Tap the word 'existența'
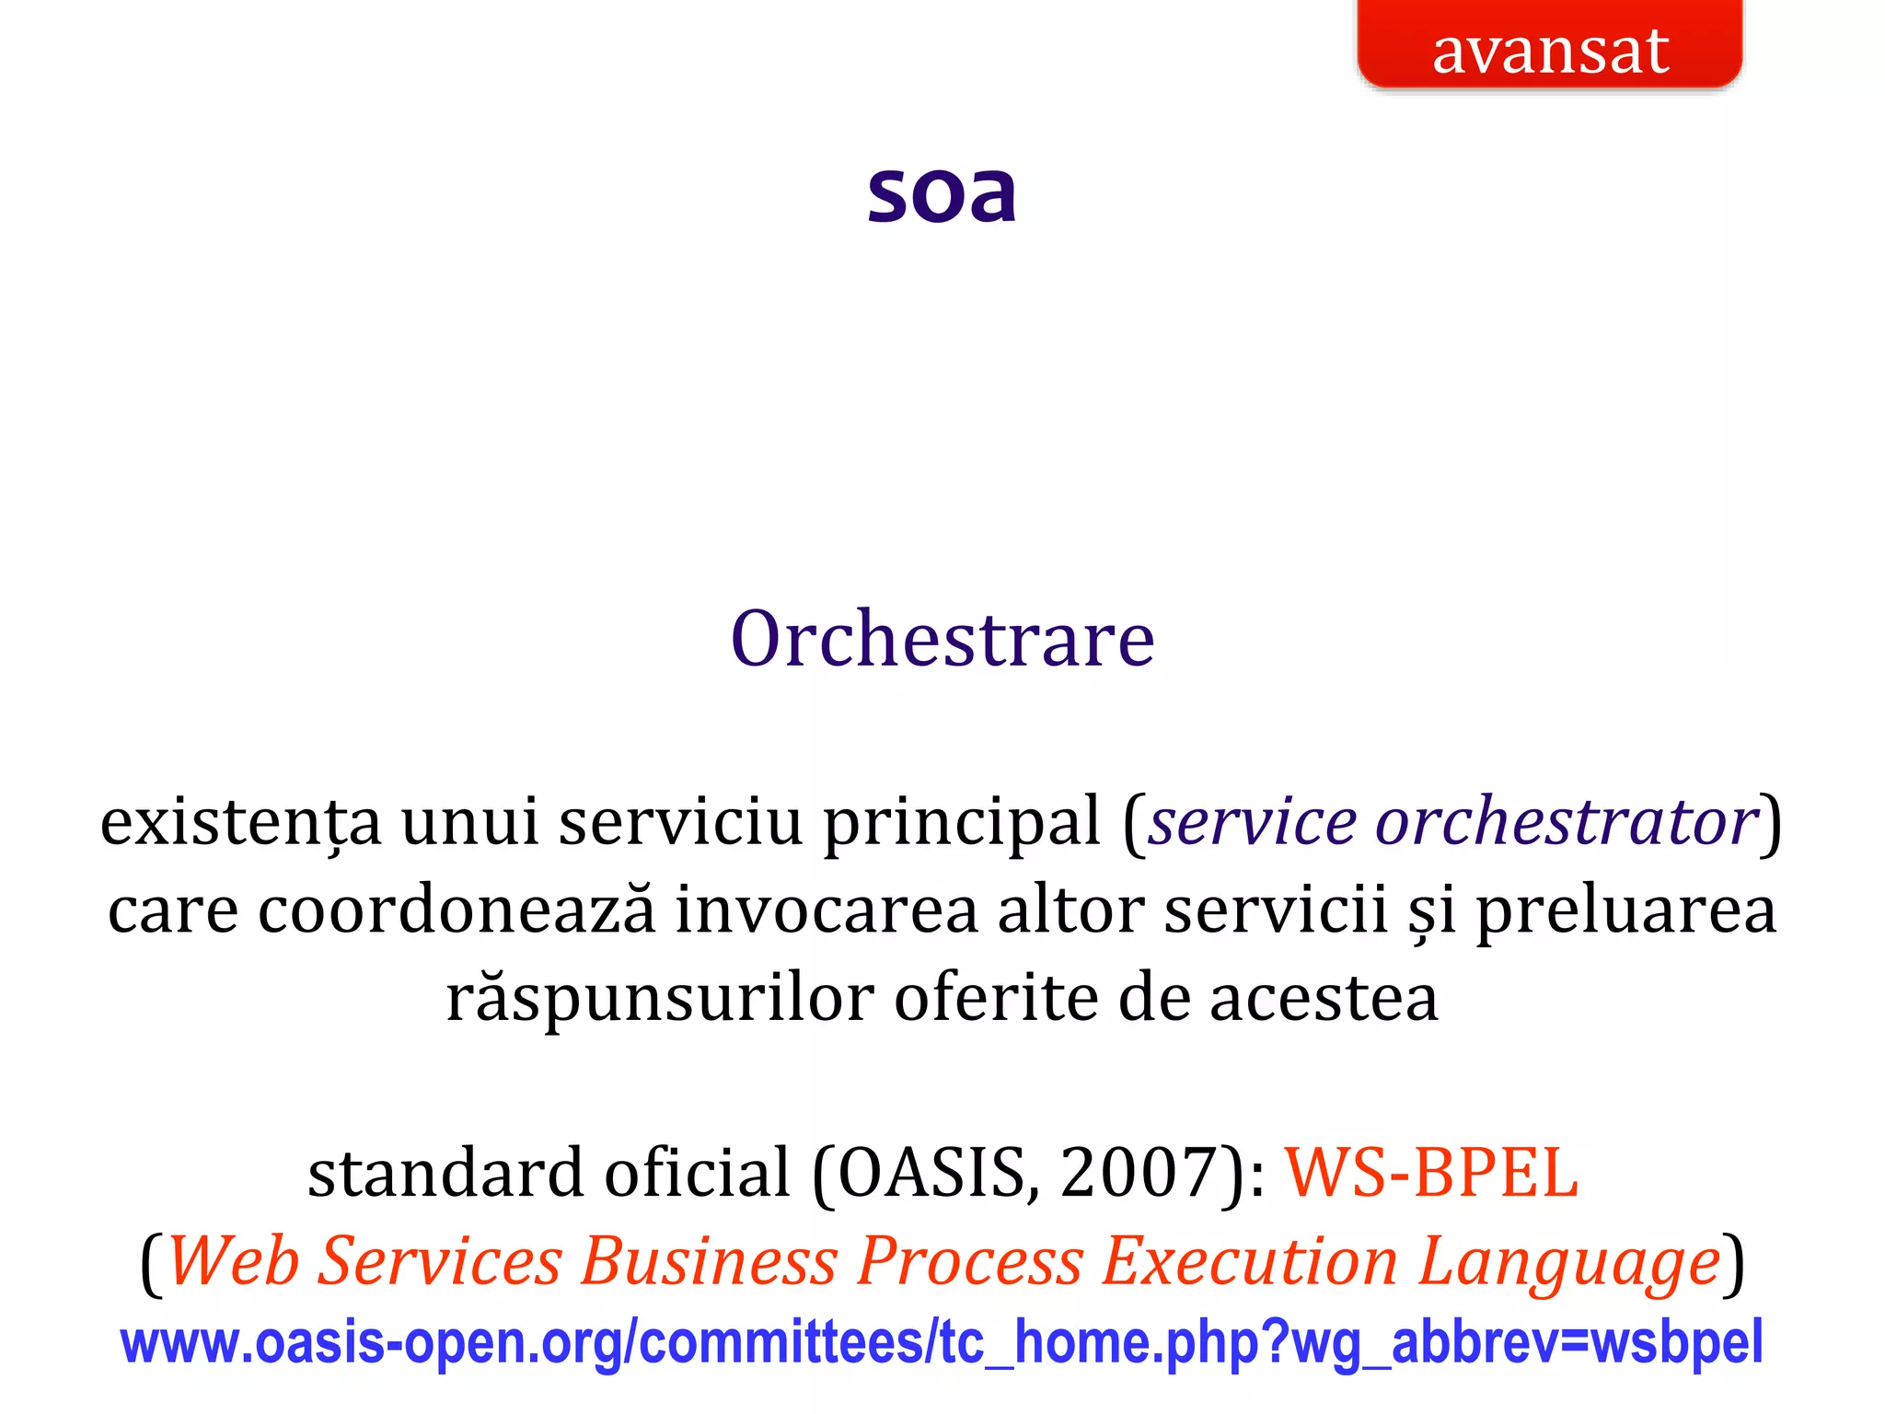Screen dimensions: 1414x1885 [240, 821]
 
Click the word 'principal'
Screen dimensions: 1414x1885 [962, 821]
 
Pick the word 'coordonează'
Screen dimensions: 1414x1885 [457, 910]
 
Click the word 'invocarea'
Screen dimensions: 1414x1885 [827, 910]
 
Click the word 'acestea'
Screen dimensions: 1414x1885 [1324, 998]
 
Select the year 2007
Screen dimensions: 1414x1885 [1139, 1173]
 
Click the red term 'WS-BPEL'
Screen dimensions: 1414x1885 [1431, 1173]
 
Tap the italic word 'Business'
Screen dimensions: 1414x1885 [709, 1261]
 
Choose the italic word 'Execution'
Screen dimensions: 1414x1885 [1249, 1261]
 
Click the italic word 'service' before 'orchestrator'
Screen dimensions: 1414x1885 [1253, 821]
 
